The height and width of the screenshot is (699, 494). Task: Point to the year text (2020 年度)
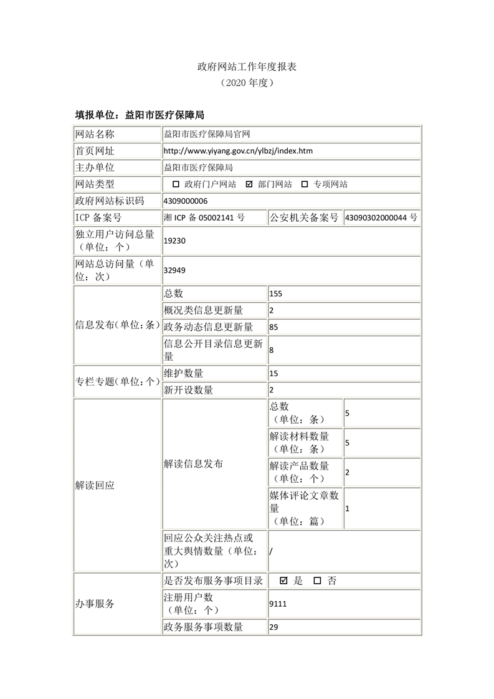point(247,82)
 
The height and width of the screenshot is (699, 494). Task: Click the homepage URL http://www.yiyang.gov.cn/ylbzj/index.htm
point(238,151)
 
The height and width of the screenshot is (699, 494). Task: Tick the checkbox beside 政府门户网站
point(176,184)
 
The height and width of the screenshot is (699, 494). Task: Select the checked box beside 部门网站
point(250,184)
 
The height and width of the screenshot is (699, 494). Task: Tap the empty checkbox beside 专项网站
point(305,184)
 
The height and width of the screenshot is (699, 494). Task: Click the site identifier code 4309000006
point(186,201)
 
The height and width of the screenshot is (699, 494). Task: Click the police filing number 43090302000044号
point(381,218)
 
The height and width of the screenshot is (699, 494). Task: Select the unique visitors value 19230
point(174,239)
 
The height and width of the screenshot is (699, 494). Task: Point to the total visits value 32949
point(174,270)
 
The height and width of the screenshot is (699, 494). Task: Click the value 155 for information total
point(276,294)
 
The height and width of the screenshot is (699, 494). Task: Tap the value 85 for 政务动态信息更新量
point(274,327)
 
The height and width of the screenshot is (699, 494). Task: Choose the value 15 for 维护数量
point(273,374)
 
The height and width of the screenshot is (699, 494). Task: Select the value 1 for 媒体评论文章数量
point(347,508)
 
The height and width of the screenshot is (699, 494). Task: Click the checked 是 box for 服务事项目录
point(284,581)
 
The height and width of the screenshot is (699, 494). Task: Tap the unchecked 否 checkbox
point(317,581)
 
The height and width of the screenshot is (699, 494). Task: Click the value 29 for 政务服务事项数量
point(273,627)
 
